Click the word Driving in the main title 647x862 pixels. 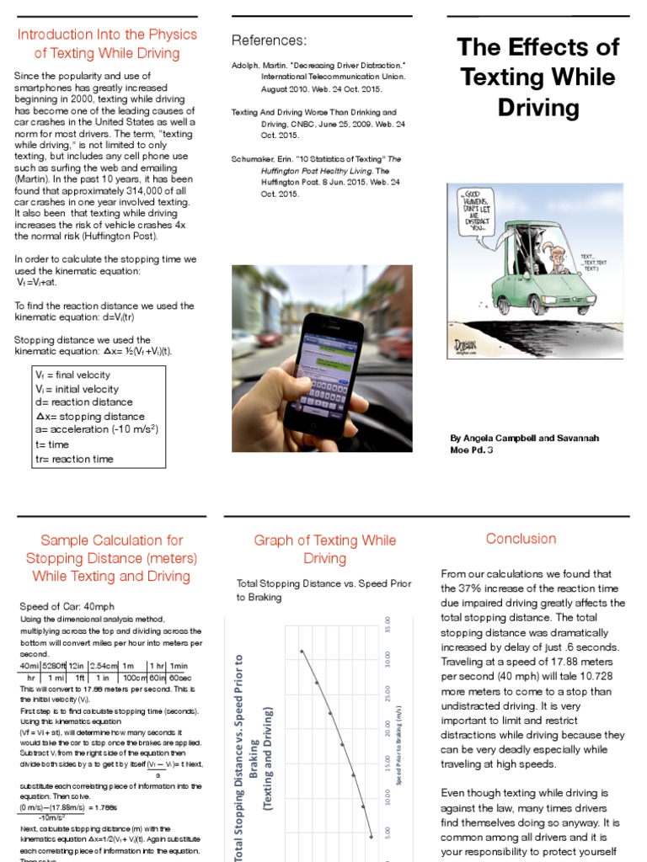[537, 108]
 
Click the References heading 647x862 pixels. [269, 40]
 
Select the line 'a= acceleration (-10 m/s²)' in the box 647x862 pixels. [97, 429]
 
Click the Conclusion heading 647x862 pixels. [521, 539]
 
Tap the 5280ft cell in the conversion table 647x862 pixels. [58, 666]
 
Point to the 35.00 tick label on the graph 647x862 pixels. [387, 628]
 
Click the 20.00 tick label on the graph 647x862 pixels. [387, 728]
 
